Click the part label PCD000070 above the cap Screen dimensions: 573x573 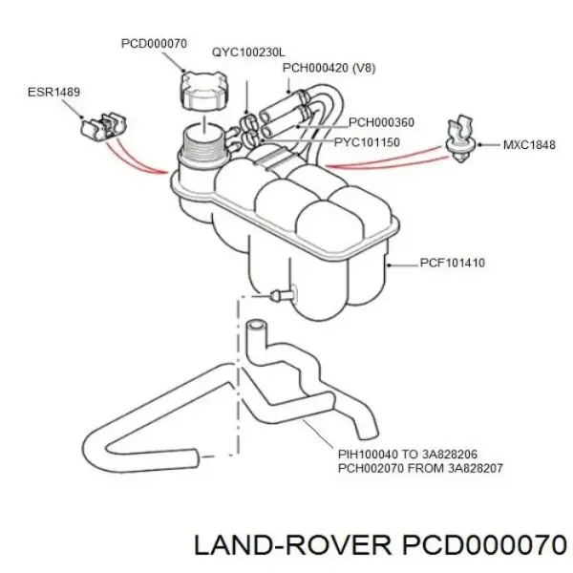pos(154,43)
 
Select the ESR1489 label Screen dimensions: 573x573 pos(54,94)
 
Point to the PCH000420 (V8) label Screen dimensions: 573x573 pos(328,69)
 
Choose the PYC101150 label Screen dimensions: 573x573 pos(367,142)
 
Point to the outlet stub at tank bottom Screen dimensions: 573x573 pos(280,295)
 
